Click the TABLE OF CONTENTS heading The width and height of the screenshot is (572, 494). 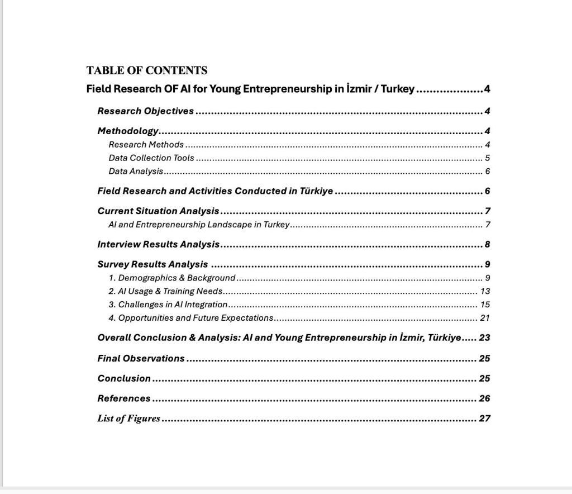[147, 70]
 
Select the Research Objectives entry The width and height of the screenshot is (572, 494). [145, 111]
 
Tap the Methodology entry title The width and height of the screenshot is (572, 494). [128, 131]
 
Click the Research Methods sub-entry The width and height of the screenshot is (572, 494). [146, 144]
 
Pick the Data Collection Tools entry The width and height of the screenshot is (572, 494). [151, 158]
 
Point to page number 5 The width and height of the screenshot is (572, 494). [487, 158]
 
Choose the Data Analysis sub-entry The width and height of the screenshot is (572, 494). [136, 171]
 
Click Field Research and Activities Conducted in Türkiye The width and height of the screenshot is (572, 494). [215, 191]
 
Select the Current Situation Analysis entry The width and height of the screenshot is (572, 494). [158, 211]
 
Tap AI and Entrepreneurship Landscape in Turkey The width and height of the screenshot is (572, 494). [199, 225]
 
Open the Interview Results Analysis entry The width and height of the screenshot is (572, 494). [159, 244]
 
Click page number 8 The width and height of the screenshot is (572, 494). [487, 244]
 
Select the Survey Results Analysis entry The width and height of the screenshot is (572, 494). [152, 264]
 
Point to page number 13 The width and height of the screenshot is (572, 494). [485, 291]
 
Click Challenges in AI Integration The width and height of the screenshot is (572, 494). [168, 305]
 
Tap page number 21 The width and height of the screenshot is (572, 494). [485, 318]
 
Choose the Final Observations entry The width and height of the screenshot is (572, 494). [141, 358]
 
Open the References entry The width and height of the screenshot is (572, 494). [124, 398]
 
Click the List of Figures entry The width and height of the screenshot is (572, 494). [128, 419]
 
